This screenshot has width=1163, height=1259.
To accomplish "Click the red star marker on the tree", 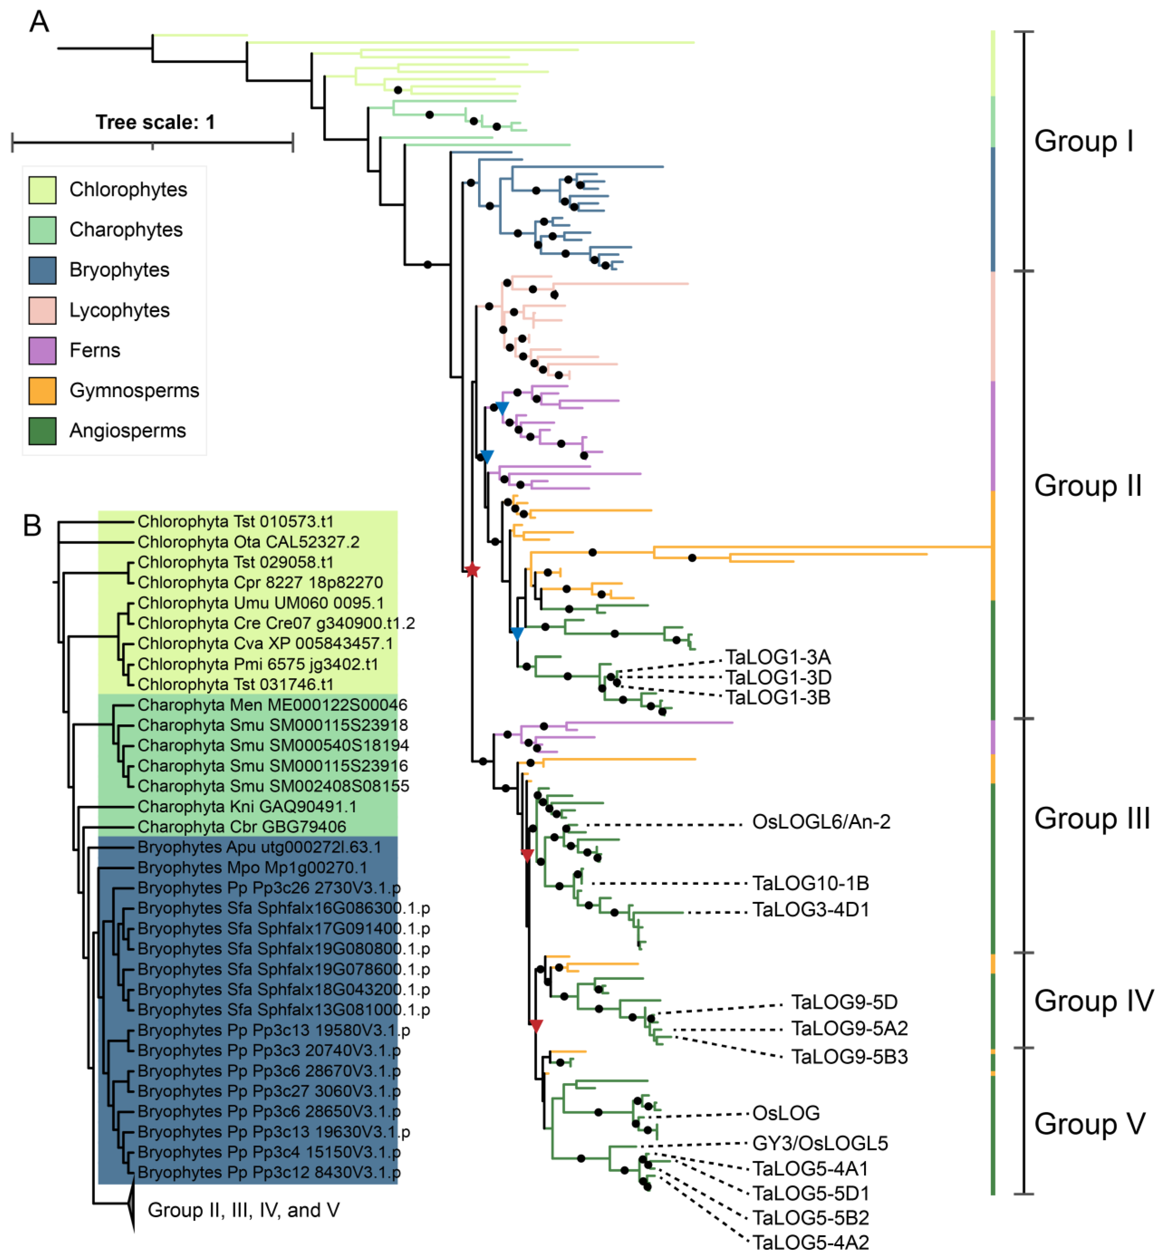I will [x=472, y=570].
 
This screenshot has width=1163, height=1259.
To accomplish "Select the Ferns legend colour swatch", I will [x=42, y=351].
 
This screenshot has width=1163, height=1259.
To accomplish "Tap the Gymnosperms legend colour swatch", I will [x=42, y=391].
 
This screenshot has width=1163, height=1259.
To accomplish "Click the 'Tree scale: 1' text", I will [x=155, y=122].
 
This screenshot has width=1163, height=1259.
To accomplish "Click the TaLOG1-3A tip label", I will [x=778, y=657].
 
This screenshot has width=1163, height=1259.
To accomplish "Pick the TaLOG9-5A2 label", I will [x=850, y=1029].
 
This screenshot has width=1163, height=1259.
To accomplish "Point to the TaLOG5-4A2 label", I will [x=811, y=1243].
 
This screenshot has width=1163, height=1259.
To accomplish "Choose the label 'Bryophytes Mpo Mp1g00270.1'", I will [x=252, y=867].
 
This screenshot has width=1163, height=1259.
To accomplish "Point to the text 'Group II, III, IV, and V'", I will [x=243, y=1210].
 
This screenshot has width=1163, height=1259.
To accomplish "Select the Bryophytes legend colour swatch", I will [x=42, y=270].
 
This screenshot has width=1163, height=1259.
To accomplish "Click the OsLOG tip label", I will [x=786, y=1113].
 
